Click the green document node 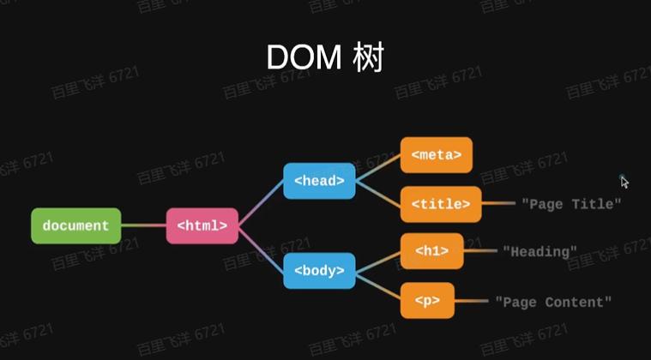point(75,225)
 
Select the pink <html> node point(202,225)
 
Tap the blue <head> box point(319,181)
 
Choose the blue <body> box point(319,271)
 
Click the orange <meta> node point(436,155)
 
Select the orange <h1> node point(432,251)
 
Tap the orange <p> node point(427,301)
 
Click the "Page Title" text point(570,204)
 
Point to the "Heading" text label point(539,251)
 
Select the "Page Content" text point(553,301)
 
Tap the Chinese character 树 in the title point(366,57)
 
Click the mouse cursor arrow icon point(624,182)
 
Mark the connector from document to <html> point(143,225)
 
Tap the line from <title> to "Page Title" point(498,204)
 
